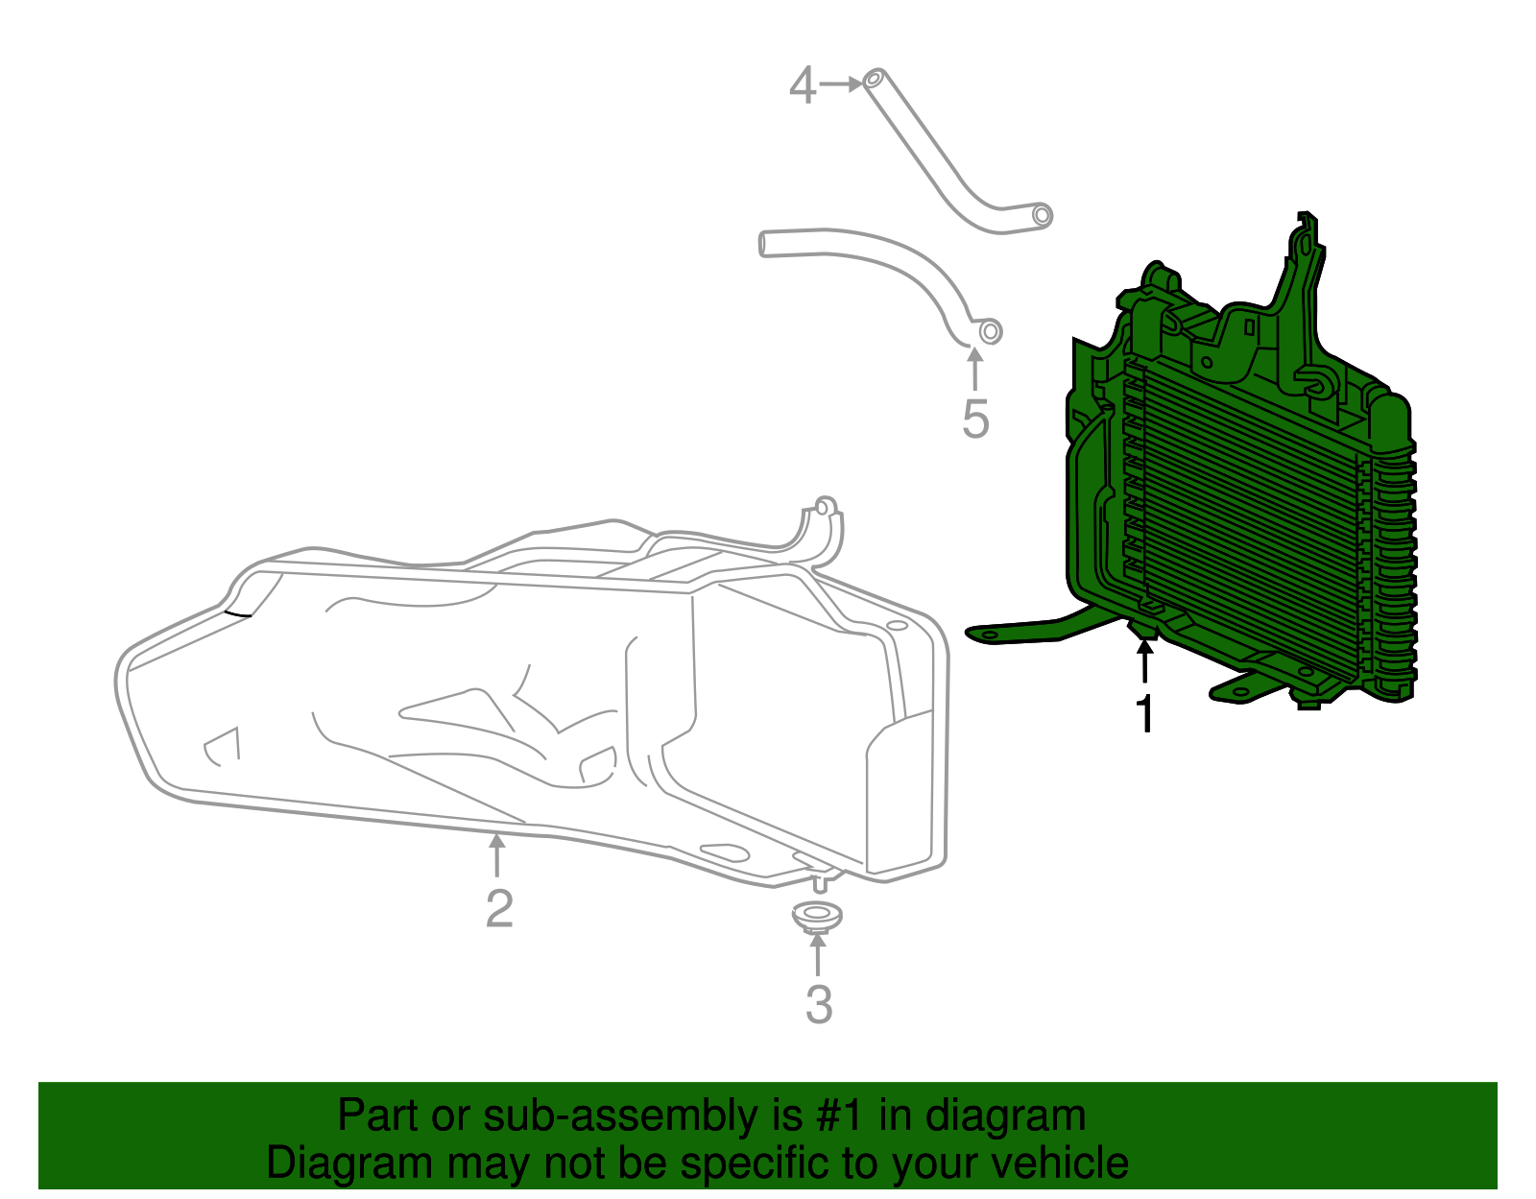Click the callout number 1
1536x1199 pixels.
click(1144, 713)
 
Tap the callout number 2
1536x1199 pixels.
click(499, 908)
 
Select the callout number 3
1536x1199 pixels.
click(818, 1004)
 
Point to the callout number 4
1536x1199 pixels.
click(803, 85)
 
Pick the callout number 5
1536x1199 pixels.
click(975, 420)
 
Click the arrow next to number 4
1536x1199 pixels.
click(842, 84)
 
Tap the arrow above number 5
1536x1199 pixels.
click(975, 370)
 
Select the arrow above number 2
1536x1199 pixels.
click(496, 855)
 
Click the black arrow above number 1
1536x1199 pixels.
click(1144, 660)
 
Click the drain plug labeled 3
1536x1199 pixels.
click(817, 916)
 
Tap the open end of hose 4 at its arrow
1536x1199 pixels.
click(874, 80)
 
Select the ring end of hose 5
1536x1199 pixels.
click(991, 331)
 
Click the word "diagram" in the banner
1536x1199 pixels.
click(1005, 1115)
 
